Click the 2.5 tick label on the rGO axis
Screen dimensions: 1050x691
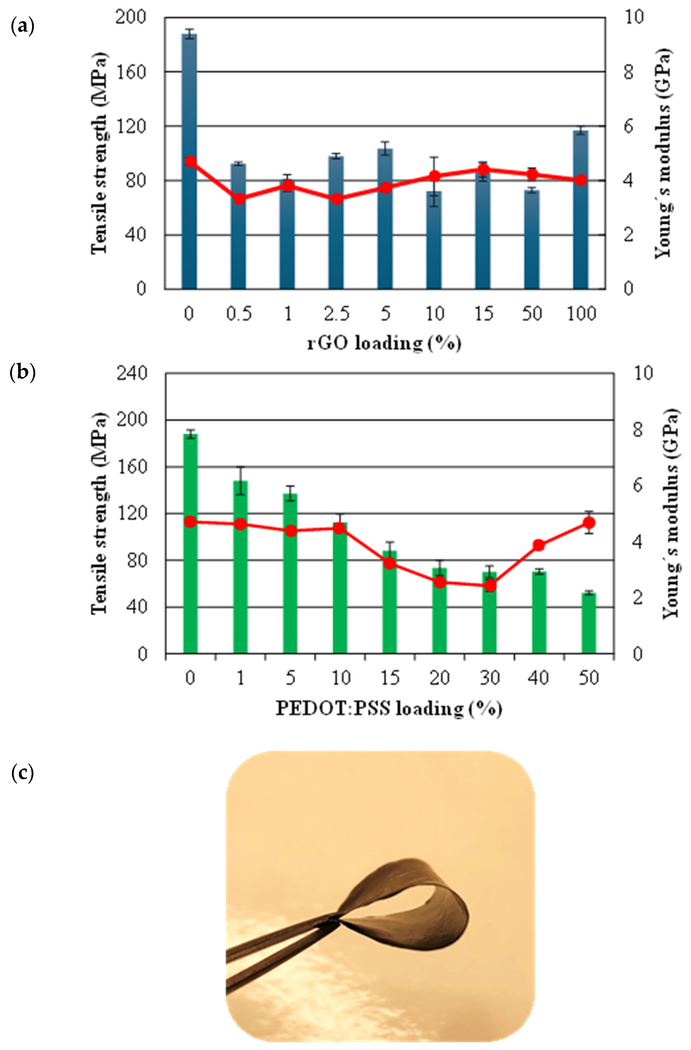click(337, 314)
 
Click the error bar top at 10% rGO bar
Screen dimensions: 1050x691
click(434, 157)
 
